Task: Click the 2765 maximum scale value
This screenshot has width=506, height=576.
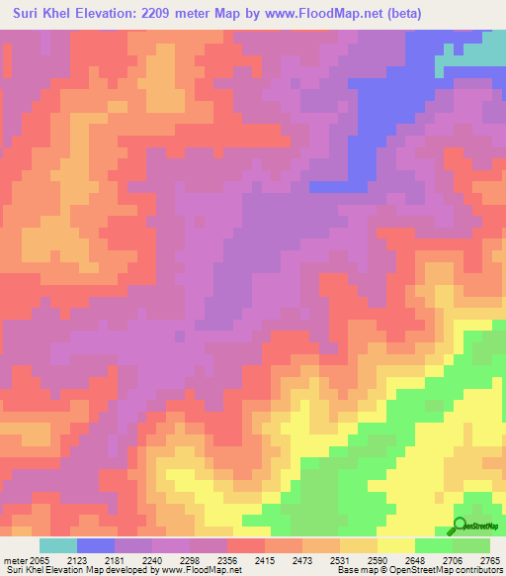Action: [491, 561]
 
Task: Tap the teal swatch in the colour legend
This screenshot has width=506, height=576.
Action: [58, 545]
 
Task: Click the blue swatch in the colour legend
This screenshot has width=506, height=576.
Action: [96, 545]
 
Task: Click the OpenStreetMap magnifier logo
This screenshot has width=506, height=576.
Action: [461, 526]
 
